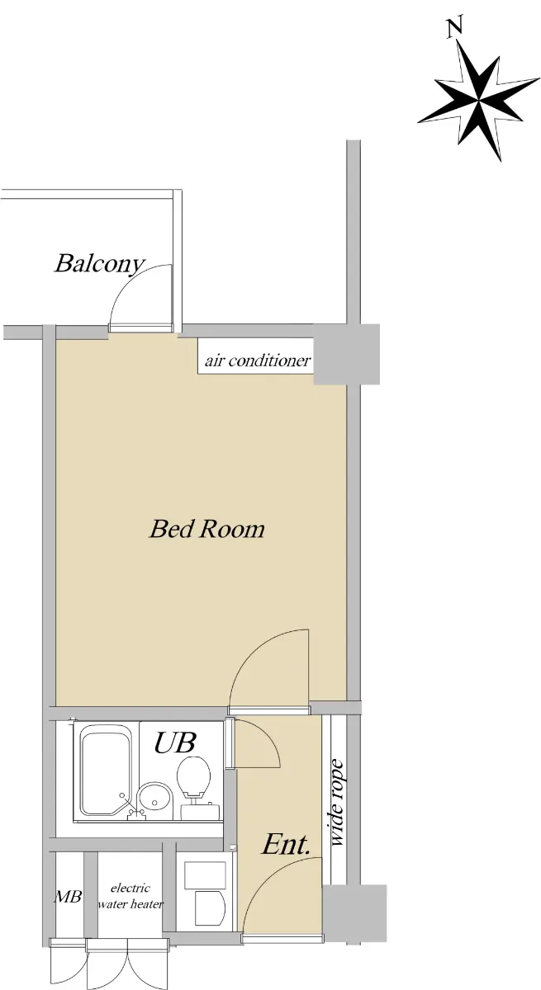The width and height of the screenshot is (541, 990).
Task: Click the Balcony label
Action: tap(100, 264)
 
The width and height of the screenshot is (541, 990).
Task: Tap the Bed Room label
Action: tap(207, 529)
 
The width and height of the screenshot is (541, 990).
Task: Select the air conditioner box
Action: tap(256, 356)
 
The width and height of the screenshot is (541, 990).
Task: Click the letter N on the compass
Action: tap(454, 28)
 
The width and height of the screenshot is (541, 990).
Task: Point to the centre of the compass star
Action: tap(478, 101)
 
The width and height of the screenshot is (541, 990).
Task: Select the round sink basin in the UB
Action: tap(154, 800)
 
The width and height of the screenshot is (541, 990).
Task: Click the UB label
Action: tap(175, 742)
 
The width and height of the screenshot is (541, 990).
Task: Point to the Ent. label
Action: tap(285, 845)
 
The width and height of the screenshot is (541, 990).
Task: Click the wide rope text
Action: tap(337, 784)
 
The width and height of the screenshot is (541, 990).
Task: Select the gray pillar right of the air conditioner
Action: tap(346, 355)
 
